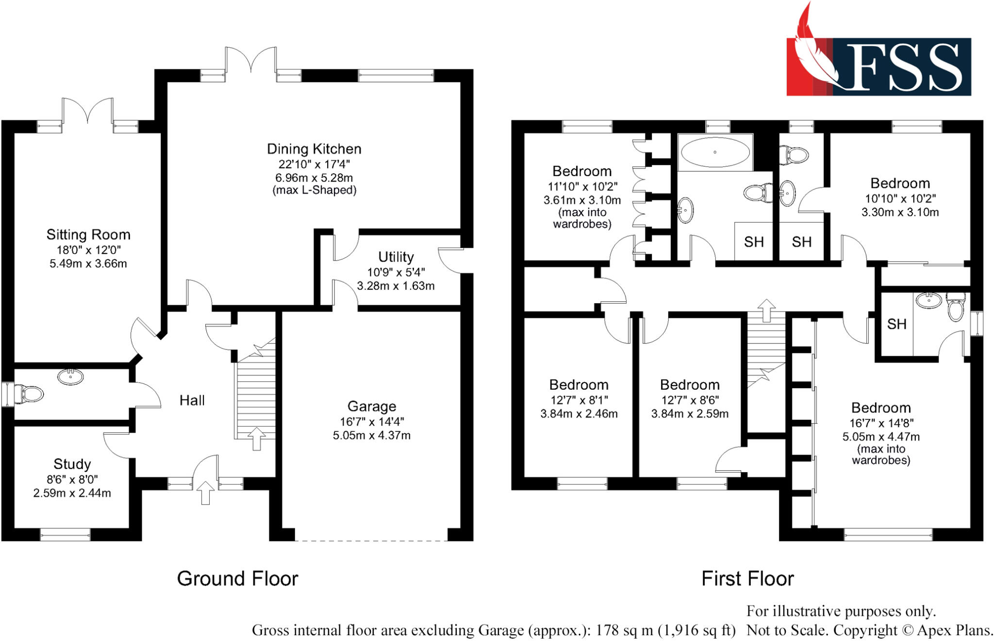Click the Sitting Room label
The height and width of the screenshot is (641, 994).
click(x=88, y=235)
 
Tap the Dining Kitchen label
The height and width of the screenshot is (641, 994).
click(x=314, y=149)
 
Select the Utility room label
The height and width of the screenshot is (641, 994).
click(x=396, y=257)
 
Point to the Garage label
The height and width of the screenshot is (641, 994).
click(x=372, y=406)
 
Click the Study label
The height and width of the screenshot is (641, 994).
click(x=72, y=464)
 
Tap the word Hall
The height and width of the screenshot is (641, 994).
click(x=192, y=400)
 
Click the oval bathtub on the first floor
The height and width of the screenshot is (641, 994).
click(x=715, y=152)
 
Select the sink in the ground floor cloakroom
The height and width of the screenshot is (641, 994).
click(x=70, y=377)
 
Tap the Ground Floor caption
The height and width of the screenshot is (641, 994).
click(x=237, y=578)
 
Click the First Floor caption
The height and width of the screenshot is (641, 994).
click(x=747, y=578)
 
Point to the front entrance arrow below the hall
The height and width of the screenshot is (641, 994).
click(x=205, y=493)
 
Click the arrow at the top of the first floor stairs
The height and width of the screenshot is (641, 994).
click(x=766, y=311)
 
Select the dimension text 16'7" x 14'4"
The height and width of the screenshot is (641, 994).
click(x=372, y=421)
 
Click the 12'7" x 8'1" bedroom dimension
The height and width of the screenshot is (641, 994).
click(x=579, y=400)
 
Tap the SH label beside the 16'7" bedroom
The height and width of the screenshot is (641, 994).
click(x=896, y=324)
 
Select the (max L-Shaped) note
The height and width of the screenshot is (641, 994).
click(x=315, y=190)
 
